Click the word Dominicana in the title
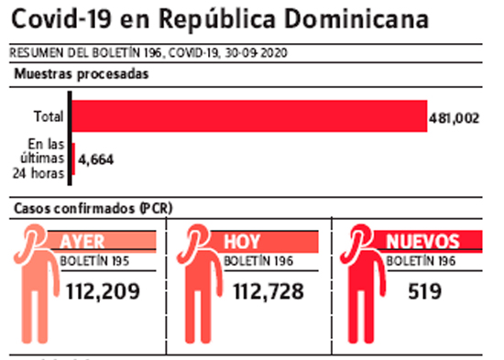coord(356,18)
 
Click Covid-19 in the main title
coord(61,18)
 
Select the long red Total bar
coord(249,116)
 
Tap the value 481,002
coord(454,118)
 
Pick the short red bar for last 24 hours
coord(73,159)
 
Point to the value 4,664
coord(96,159)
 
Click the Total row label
coord(49,116)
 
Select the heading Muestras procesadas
coord(82,74)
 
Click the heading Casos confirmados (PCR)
coord(93,208)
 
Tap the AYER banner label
coord(82,242)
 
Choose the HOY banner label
coord(242,242)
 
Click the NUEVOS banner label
coord(422,242)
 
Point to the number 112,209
coord(103,291)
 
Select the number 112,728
coord(268,291)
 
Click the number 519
coord(424,291)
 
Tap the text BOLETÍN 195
coord(94,261)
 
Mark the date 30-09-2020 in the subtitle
coord(256,53)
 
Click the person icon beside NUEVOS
coord(363,283)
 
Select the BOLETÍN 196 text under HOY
coord(258,261)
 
